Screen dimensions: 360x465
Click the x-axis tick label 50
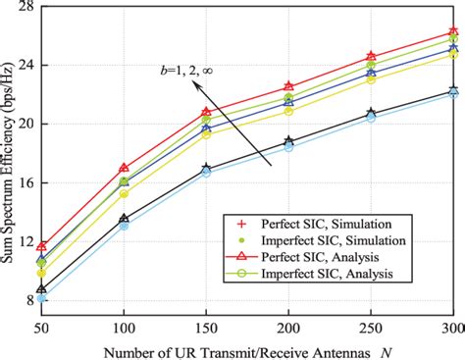click(41, 324)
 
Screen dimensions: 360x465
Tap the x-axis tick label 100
click(124, 324)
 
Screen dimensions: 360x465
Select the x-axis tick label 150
click(206, 324)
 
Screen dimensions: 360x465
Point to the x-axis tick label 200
click(288, 324)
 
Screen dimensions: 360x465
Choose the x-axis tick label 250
click(371, 324)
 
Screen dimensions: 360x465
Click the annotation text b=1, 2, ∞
click(192, 71)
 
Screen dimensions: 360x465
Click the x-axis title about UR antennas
click(245, 349)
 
